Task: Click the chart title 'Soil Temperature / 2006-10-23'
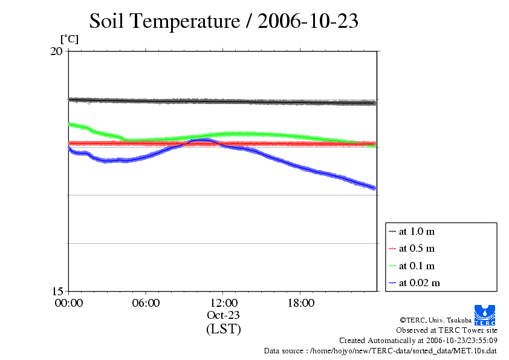[x=224, y=22]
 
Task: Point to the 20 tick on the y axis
[x=56, y=51]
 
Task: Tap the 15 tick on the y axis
[x=56, y=291]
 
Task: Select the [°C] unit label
[x=69, y=39]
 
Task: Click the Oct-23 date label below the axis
[x=223, y=315]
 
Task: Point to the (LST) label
[x=223, y=330]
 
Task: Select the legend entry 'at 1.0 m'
[x=417, y=231]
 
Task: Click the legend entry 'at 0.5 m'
[x=417, y=249]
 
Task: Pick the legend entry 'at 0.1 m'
[x=417, y=266]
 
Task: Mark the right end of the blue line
[x=374, y=188]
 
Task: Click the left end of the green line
[x=70, y=124]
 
